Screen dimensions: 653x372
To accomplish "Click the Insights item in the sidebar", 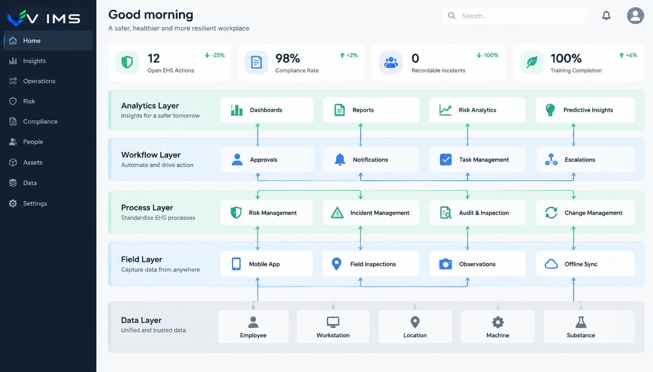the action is (34, 61).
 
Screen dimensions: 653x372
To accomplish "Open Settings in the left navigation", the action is (35, 203).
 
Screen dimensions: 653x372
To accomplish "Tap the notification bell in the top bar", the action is (606, 15).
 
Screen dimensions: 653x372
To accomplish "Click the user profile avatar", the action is (635, 15).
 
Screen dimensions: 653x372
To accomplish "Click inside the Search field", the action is (514, 16).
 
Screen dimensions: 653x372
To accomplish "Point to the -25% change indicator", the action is (215, 55).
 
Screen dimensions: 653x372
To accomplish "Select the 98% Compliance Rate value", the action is (287, 58).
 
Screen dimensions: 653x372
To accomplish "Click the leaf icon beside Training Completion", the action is (532, 62).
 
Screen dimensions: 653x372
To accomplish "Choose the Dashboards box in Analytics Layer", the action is (267, 110).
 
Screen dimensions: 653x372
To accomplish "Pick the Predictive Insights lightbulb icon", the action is (550, 110).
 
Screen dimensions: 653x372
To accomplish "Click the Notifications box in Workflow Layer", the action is (371, 159).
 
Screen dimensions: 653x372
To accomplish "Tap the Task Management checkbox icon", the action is (445, 159).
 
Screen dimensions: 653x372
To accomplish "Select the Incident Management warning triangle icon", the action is (337, 213).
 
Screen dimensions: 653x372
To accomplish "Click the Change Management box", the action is (585, 213).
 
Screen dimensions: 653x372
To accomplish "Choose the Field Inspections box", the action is (371, 264).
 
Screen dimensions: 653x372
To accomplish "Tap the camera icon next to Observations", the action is (445, 264).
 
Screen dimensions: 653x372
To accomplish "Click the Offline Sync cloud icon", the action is (551, 264).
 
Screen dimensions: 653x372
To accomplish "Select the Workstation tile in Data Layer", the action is (333, 327).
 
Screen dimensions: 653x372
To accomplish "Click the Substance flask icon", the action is (581, 322).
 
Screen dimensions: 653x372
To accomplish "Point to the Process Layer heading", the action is (147, 208).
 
